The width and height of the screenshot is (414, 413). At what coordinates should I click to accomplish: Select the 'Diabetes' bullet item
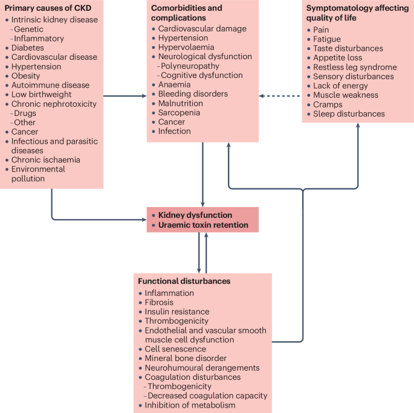click(x=28, y=48)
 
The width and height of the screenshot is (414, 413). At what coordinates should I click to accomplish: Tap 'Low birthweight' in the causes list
click(x=42, y=94)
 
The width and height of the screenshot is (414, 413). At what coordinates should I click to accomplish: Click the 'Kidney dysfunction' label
click(x=195, y=215)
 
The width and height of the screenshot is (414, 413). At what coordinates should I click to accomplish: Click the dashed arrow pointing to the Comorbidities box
click(x=280, y=95)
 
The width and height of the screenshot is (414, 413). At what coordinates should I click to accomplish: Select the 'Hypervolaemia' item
click(x=183, y=47)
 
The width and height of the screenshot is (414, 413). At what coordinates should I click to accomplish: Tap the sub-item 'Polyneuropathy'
click(x=189, y=66)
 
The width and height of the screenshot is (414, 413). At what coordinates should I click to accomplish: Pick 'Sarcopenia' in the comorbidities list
click(x=179, y=112)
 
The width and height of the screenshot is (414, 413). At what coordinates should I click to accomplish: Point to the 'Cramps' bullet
click(x=327, y=104)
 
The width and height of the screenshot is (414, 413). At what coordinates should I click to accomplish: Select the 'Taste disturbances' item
click(x=348, y=48)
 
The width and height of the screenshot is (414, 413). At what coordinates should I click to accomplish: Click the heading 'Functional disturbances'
click(x=184, y=281)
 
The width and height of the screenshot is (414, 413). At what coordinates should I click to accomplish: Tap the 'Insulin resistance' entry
click(x=177, y=312)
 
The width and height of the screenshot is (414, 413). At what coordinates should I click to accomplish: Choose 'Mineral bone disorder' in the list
click(x=186, y=358)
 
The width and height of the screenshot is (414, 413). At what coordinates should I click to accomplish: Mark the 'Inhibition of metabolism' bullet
click(x=190, y=405)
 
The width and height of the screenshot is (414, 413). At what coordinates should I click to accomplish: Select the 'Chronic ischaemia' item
click(x=46, y=160)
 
